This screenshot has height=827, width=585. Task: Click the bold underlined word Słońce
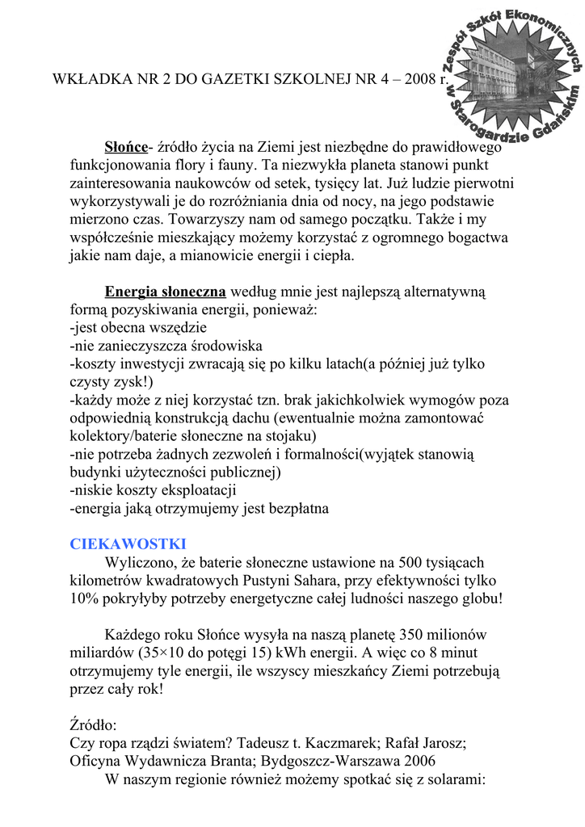pyautogui.click(x=127, y=147)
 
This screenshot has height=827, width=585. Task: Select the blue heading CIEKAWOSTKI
pyautogui.click(x=128, y=543)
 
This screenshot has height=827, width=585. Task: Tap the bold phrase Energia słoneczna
pyautogui.click(x=165, y=292)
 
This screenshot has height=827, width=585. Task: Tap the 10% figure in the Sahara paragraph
pyautogui.click(x=85, y=598)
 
